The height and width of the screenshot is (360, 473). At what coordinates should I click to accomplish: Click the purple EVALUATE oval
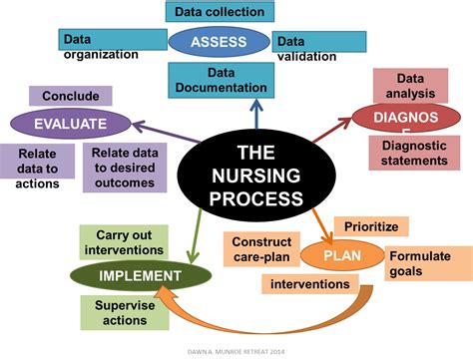[x=71, y=124]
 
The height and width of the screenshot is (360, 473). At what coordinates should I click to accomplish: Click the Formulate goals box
[x=424, y=263]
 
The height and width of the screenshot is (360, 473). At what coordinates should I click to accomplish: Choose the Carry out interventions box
[x=124, y=239]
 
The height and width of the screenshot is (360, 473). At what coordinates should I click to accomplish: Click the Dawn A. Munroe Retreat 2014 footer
[x=236, y=350]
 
